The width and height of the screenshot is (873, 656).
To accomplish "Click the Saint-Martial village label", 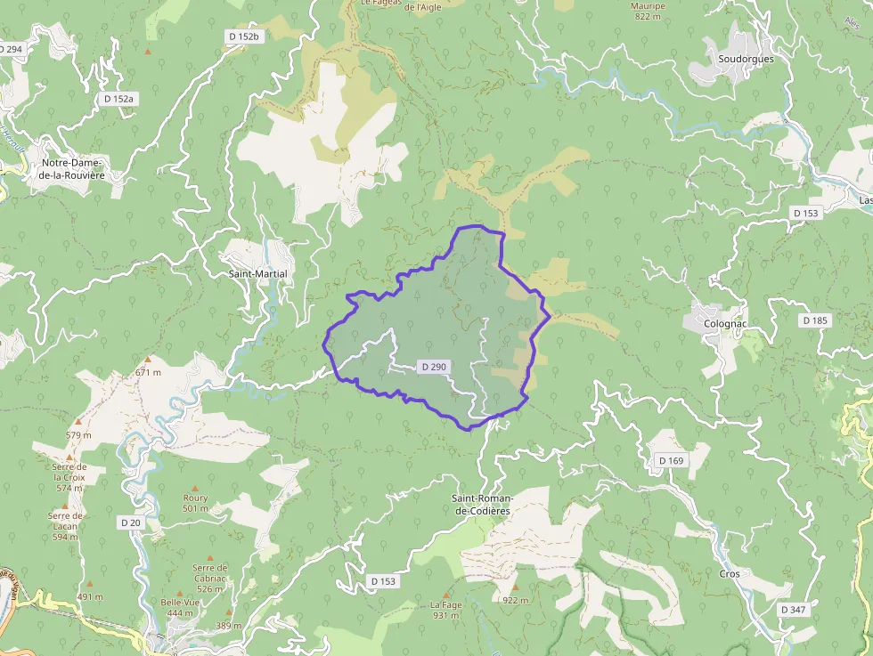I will (x=257, y=273).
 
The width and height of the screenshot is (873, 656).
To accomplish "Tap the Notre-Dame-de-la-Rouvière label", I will (x=72, y=169).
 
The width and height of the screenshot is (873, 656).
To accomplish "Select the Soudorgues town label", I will (x=746, y=59).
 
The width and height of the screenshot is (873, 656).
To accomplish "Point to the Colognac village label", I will (x=724, y=324).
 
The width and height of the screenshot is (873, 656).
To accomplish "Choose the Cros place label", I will (x=729, y=574).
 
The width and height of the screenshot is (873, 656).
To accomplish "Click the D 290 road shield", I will (x=434, y=367).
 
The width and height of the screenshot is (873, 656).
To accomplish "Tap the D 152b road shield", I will (x=242, y=36).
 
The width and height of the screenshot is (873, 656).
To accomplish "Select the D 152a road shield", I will (x=118, y=99).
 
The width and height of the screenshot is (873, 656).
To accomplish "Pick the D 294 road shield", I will (x=12, y=49).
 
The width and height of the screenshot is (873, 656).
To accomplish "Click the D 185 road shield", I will (x=814, y=320).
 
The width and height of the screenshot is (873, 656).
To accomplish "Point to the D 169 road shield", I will (x=672, y=460).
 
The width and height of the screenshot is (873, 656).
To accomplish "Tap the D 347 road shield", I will (x=792, y=610).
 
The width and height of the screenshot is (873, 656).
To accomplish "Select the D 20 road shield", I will (x=131, y=522).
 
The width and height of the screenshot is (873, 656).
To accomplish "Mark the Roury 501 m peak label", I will (x=195, y=503).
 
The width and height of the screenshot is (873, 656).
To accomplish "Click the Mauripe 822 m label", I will (x=648, y=11).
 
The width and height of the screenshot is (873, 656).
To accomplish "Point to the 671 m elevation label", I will (x=148, y=372).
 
